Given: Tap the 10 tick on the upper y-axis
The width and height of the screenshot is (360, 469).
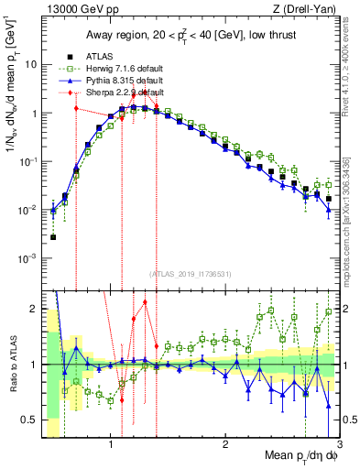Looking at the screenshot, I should pyautogui.click(x=30, y=65).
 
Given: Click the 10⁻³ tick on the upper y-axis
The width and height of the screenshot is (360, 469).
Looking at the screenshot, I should pyautogui.click(x=27, y=258).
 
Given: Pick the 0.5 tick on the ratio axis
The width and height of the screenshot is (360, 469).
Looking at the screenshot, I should pyautogui.click(x=30, y=420).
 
